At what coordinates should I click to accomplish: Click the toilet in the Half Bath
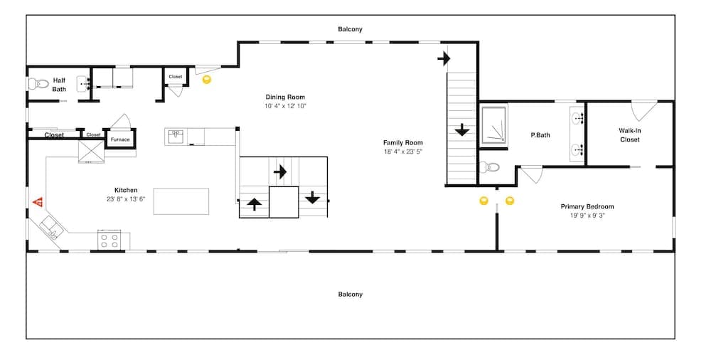36,84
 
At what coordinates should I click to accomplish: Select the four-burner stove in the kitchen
109,240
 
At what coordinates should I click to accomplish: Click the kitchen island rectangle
181,201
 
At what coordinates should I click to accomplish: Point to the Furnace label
120,139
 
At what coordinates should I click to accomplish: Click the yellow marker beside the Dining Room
207,80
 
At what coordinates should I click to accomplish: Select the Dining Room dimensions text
285,106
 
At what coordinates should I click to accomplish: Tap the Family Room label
402,142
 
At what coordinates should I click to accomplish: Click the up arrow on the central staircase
254,205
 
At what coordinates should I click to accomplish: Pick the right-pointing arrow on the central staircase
280,171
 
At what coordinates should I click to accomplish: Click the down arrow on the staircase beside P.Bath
461,129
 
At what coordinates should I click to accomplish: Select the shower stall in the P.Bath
494,125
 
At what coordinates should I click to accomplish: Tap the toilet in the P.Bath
489,168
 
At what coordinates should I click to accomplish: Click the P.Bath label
540,135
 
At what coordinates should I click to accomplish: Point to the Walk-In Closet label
629,135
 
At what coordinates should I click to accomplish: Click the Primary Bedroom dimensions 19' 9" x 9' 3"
587,216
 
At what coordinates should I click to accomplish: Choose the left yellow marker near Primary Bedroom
484,201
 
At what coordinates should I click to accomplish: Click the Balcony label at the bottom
350,294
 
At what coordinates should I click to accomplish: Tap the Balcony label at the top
350,29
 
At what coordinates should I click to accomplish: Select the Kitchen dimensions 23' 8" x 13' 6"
125,199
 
